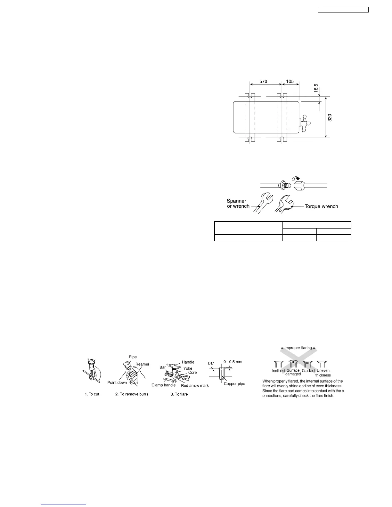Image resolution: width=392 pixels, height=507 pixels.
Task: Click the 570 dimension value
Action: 263,82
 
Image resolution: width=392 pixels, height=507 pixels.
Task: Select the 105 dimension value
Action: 290,82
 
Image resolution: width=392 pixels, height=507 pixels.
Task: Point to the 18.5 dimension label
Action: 316,88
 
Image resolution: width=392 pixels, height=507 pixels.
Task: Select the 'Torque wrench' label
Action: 321,206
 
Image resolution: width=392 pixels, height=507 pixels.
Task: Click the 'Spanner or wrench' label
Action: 238,204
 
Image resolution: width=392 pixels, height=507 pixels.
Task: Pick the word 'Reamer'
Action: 142,364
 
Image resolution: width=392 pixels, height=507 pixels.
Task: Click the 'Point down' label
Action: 117,383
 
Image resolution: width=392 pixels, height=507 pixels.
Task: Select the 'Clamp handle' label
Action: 163,385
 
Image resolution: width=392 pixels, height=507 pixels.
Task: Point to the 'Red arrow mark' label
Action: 195,385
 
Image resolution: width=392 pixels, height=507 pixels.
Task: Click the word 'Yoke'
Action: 188,368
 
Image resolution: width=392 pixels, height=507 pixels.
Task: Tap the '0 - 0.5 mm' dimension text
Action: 233,362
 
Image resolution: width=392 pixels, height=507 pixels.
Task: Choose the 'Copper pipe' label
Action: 234,383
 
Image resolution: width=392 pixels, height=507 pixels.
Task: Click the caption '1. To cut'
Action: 92,394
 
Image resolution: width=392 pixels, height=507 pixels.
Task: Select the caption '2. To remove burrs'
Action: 132,394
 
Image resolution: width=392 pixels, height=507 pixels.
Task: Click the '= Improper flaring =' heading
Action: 300,348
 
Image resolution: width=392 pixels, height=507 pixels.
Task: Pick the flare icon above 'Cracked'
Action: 308,365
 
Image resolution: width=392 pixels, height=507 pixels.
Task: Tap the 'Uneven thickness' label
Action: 323,373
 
